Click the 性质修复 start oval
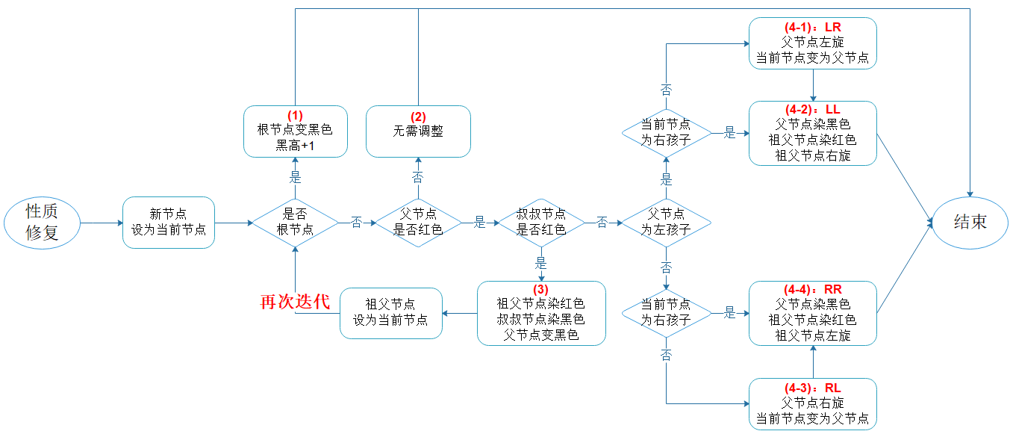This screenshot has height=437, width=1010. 42,223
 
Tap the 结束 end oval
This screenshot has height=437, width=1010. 970,222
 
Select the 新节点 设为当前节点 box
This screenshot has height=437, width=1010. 169,223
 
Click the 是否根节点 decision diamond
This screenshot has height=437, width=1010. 295,223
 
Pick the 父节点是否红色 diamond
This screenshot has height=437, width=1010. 418,223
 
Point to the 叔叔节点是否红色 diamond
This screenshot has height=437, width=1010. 541,223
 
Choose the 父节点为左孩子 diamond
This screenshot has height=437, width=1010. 666,223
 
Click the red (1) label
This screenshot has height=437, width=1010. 295,116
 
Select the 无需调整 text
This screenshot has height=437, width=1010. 418,131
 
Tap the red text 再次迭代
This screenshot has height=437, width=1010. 294,302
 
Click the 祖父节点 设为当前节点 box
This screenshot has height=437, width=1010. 390,312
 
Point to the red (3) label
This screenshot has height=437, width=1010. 541,290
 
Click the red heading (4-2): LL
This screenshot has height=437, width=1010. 813,110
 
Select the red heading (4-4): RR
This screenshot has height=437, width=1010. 813,290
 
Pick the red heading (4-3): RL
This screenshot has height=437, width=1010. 813,388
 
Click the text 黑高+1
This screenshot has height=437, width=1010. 295,146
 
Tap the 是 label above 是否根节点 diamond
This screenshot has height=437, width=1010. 295,178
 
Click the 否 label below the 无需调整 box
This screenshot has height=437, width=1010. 418,178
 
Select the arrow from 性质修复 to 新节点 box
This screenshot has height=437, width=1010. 101,223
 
